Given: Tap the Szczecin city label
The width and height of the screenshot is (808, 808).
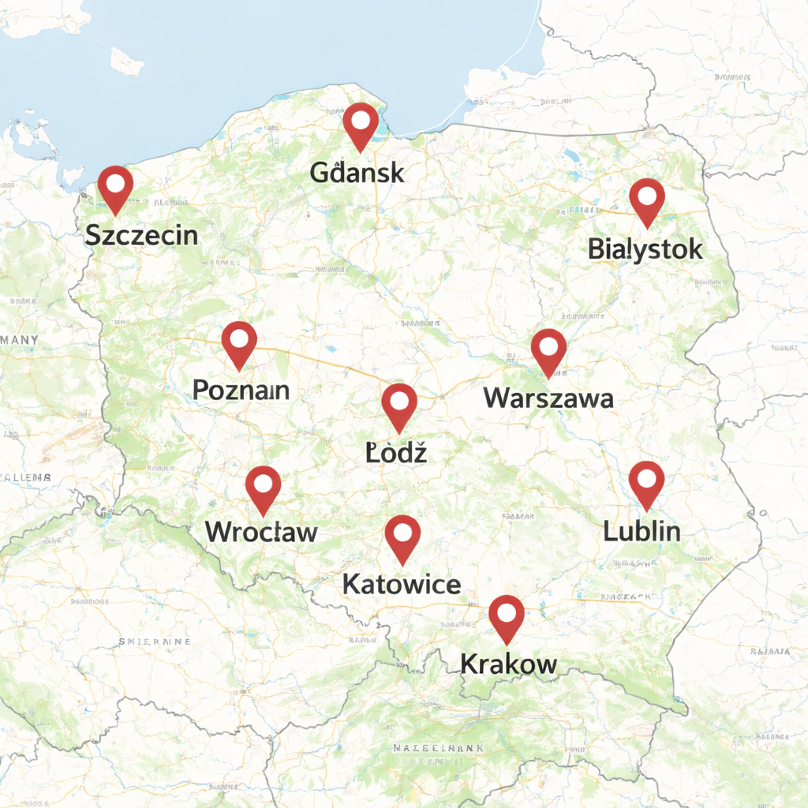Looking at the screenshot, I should tap(141, 234).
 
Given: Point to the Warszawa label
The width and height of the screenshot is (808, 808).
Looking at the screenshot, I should tap(548, 397).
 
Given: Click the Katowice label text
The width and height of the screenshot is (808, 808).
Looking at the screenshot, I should tap(402, 584).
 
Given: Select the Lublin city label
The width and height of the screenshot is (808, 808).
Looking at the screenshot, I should tap(642, 530).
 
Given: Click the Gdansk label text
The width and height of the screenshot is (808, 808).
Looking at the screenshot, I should tap(357, 173).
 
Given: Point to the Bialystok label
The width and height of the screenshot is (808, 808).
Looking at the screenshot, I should tap(645, 249).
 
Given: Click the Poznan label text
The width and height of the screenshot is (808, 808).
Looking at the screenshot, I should tap(241, 390).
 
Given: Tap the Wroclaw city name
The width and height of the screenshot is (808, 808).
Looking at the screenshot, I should tap(261, 531).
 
